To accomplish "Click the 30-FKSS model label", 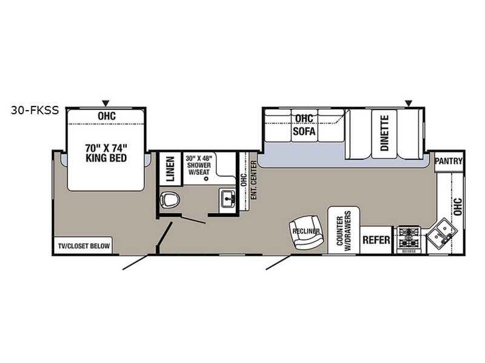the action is pos(35,110).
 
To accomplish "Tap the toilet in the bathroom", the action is pos(170,200).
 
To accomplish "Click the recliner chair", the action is pos(307,232).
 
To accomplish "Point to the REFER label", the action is pos(376,240).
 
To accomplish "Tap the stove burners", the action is pos(409,238).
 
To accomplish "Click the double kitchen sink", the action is pos(441,232).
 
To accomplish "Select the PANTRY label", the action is pos(448,161).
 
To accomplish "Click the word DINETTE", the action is pos(384,132).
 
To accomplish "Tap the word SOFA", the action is pos(304,131).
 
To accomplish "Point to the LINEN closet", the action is pos(170,169).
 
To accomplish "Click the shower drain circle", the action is pos(206,178).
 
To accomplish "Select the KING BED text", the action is pos(106,158).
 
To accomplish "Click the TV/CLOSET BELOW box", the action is pos(84,246).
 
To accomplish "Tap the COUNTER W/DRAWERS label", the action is pos(344,231).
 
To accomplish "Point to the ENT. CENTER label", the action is pos(253,180).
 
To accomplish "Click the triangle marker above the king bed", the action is pos(105,103).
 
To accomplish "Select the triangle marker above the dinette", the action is pos(409,103).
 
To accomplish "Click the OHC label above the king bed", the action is pos(107,116).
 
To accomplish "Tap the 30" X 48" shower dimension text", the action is pos(199,159).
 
